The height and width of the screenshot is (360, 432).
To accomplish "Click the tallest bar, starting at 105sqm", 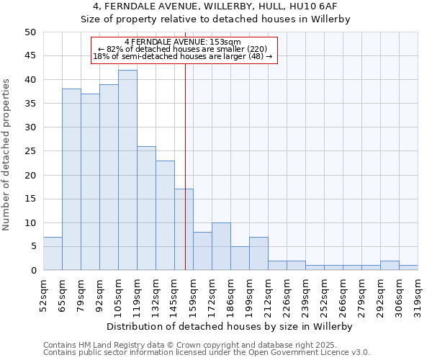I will pyautogui.click(x=127, y=170).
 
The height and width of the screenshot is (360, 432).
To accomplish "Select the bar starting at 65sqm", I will pyautogui.click(x=71, y=179).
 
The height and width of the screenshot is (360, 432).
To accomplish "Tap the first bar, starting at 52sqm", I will pyautogui.click(x=53, y=253).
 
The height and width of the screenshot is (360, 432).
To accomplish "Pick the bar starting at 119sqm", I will pyautogui.click(x=146, y=208).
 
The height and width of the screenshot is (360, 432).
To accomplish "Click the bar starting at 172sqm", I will pyautogui.click(x=221, y=246).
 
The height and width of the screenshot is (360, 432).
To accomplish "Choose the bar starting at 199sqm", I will pyautogui.click(x=258, y=253).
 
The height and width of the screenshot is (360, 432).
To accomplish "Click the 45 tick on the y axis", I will pyautogui.click(x=30, y=56).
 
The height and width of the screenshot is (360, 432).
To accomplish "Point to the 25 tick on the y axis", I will pyautogui.click(x=30, y=151).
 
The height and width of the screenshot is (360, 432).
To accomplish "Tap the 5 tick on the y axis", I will pyautogui.click(x=33, y=247).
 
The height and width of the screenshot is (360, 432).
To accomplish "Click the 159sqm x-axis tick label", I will pyautogui.click(x=193, y=293).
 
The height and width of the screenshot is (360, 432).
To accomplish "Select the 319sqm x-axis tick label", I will pyautogui.click(x=418, y=293).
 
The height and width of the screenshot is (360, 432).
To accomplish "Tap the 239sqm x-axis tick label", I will pyautogui.click(x=305, y=293).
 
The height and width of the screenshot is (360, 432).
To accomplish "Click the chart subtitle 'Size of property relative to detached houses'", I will pyautogui.click(x=215, y=19).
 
